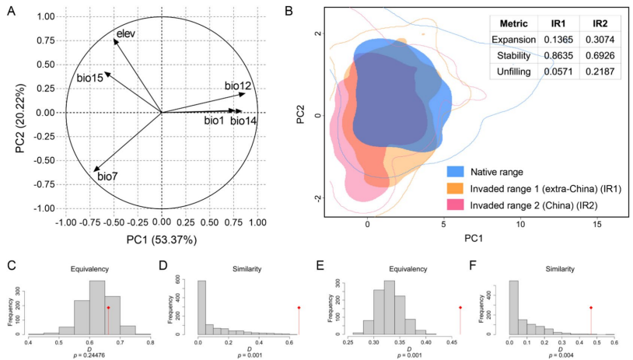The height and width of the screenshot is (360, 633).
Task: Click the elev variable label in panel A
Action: [126, 33]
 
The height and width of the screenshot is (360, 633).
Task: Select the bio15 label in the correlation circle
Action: [90, 78]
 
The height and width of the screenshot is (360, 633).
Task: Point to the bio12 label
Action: [237, 86]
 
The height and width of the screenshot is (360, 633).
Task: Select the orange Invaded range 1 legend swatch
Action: [456, 187]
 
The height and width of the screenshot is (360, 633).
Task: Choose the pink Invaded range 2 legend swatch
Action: [456, 205]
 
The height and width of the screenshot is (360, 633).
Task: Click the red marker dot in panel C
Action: [108, 308]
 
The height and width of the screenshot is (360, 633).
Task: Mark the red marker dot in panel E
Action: [460, 308]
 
